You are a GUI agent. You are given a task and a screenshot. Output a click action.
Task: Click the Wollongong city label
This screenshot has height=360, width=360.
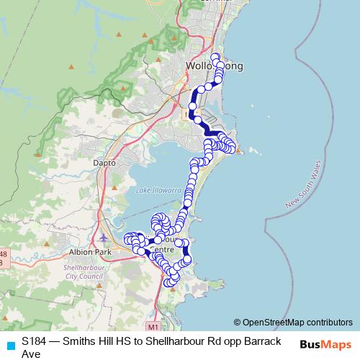[214, 66]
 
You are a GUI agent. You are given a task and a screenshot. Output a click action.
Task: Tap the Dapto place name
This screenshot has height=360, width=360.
[104, 163]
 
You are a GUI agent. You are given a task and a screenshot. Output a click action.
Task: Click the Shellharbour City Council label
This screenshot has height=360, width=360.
[86, 271]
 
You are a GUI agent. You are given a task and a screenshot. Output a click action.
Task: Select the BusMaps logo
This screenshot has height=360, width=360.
[325, 345]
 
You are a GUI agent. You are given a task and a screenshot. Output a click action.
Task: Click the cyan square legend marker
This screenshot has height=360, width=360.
[9, 345]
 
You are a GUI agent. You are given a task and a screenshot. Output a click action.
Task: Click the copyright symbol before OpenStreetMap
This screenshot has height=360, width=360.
[237, 322]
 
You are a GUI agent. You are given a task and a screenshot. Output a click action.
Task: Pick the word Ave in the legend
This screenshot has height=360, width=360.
[31, 353]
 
